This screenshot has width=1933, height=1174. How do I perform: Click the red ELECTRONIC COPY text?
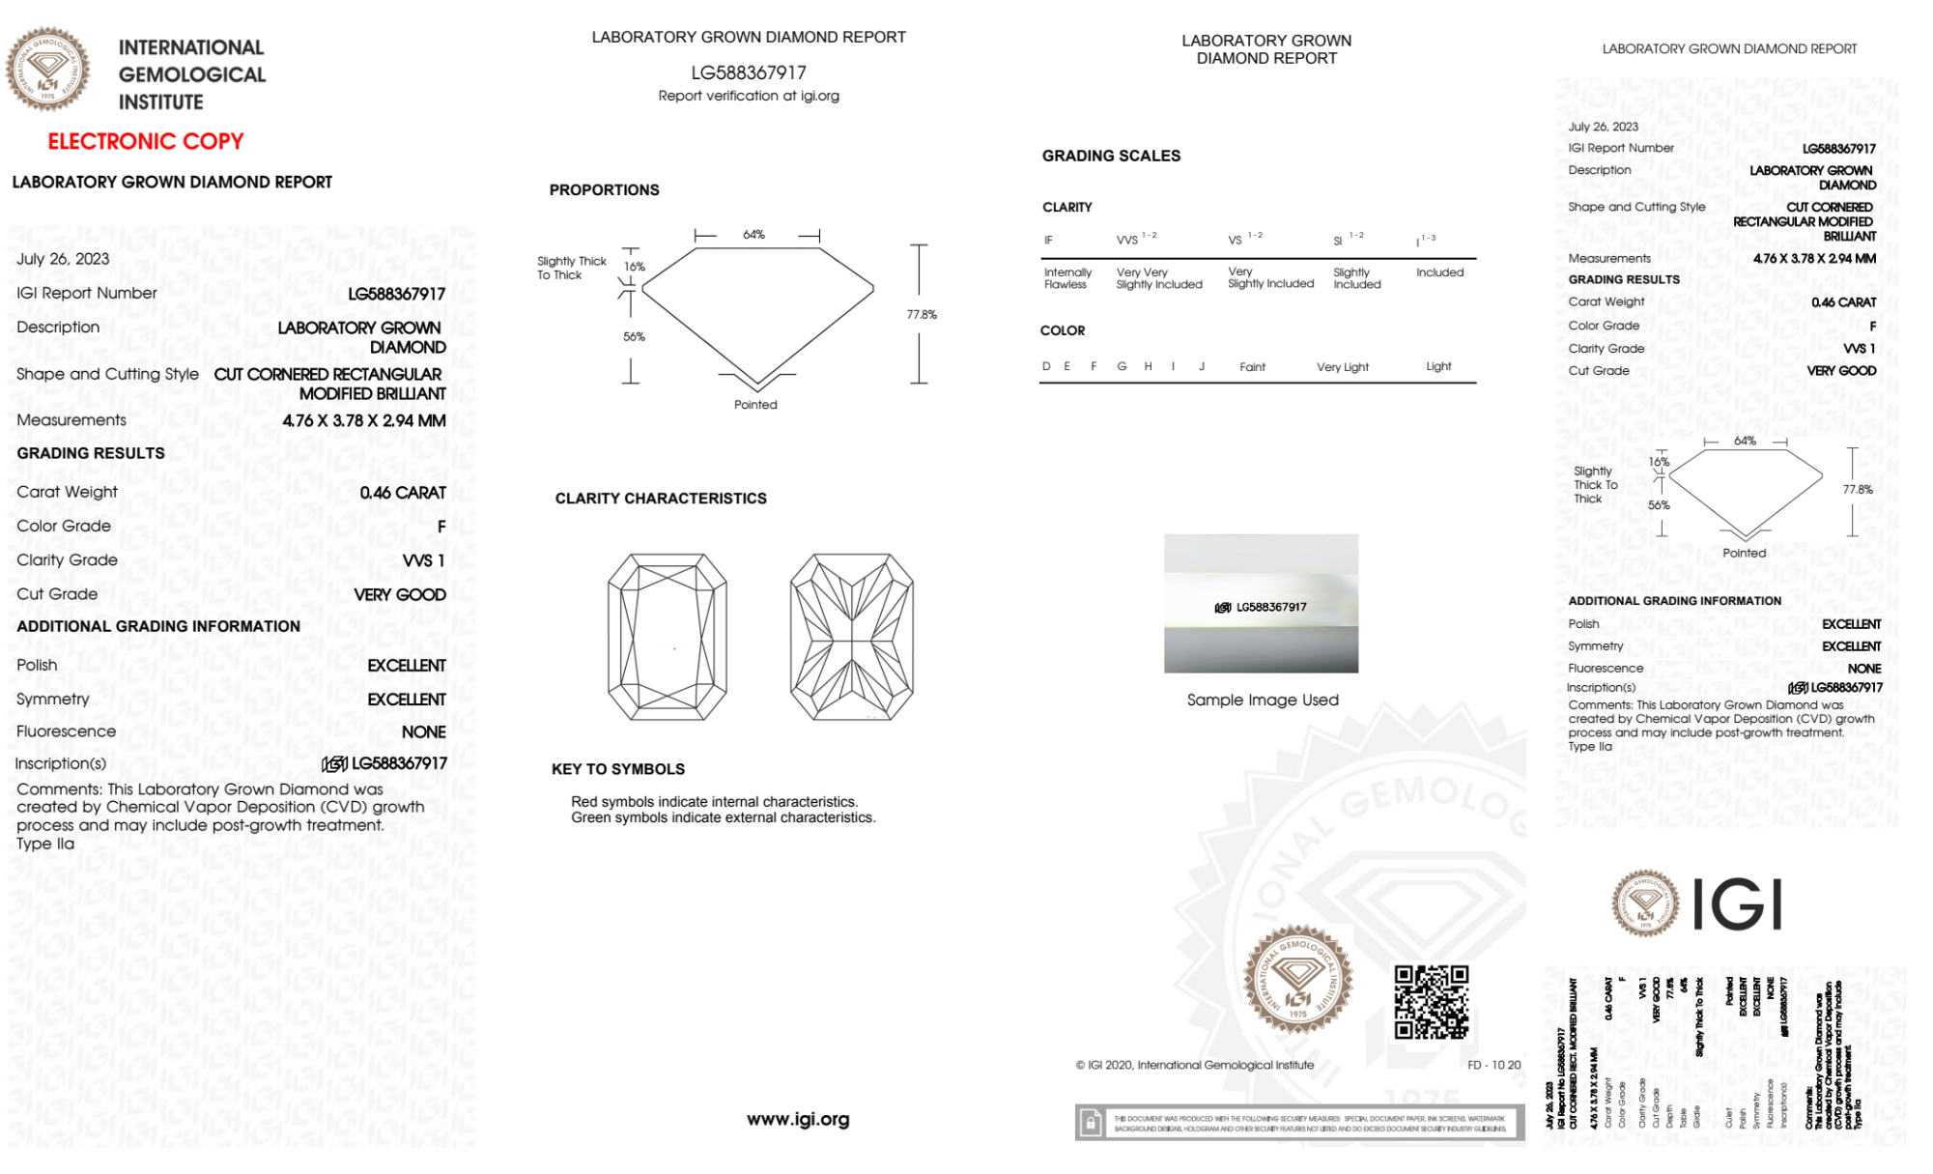[146, 142]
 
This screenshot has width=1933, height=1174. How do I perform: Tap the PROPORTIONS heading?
[604, 190]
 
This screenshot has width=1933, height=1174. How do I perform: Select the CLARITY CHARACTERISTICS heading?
[661, 499]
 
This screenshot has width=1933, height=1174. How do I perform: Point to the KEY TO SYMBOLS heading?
[618, 769]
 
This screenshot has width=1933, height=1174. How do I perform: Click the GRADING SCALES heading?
[1111, 156]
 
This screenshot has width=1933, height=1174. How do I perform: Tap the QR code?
[1431, 1002]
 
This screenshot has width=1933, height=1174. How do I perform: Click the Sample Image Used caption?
[1263, 700]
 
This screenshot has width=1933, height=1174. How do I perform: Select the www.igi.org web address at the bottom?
[798, 1119]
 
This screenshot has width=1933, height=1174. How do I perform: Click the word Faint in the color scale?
[1252, 367]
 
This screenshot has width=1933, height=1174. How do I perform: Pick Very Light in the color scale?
[1343, 367]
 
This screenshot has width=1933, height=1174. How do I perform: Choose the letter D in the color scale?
[1046, 366]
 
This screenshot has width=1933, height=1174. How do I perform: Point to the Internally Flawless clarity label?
[1066, 278]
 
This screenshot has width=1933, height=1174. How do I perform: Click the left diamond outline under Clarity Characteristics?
[668, 637]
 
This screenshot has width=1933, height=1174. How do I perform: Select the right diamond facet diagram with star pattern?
[851, 637]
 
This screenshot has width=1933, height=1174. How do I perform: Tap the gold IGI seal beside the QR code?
[1297, 979]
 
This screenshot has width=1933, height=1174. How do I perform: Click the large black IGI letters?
[1739, 905]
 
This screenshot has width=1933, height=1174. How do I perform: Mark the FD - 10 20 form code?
[1493, 1065]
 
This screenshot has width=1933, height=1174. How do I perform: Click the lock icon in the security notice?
[1091, 1123]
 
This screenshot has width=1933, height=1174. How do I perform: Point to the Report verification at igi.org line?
[749, 96]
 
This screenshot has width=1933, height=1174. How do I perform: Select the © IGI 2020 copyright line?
[1195, 1065]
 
